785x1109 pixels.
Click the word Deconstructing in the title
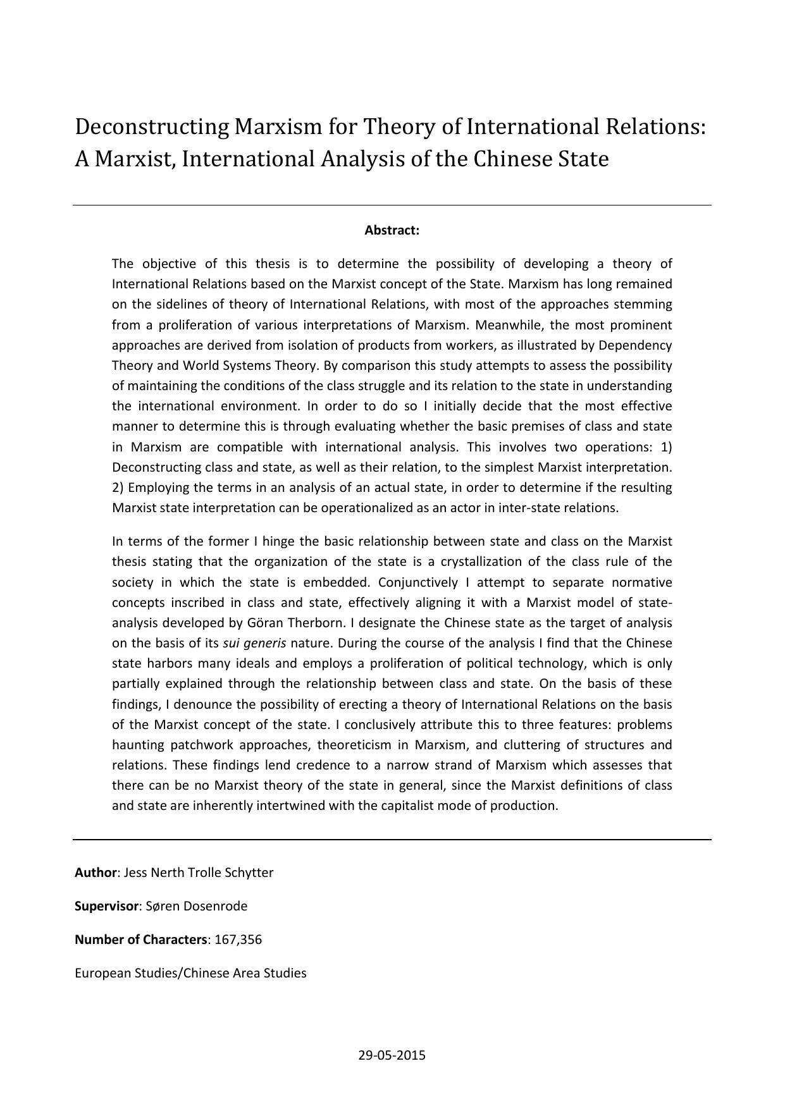click(x=152, y=127)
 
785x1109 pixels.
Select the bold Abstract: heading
click(x=392, y=230)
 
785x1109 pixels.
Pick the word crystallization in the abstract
click(x=480, y=561)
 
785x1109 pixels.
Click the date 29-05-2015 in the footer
click(x=392, y=1055)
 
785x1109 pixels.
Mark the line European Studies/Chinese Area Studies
click(x=190, y=973)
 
